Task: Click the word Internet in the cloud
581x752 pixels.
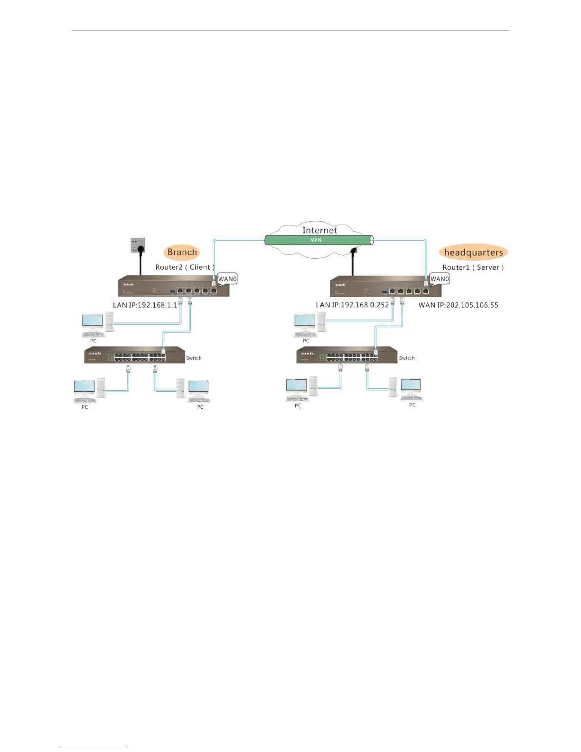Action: pos(319,230)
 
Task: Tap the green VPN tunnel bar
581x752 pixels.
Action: pos(317,240)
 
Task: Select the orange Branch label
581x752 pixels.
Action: pos(182,253)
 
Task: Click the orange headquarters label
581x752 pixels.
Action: pos(473,253)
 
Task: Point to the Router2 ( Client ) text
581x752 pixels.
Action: pos(185,267)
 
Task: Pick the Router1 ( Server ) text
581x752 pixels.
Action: pos(473,267)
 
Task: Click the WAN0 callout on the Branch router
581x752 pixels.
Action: pos(227,279)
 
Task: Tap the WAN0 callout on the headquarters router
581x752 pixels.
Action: pos(440,279)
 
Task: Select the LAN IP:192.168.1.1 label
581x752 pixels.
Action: pos(144,305)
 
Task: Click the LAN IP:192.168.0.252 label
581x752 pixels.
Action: pos(352,305)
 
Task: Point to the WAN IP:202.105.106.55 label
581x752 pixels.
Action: pos(458,305)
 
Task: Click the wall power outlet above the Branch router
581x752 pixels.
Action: pos(138,246)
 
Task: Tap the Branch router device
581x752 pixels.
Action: pos(173,286)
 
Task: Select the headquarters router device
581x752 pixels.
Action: pos(385,286)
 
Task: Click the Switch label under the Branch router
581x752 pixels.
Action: pos(194,358)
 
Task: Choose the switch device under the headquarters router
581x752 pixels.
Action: pos(347,355)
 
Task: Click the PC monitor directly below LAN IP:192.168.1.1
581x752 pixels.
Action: pos(93,321)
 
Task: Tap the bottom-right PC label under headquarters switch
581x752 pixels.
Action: pos(412,405)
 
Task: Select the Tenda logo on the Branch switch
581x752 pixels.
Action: pos(94,353)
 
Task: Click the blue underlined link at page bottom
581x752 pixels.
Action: pos(94,748)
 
